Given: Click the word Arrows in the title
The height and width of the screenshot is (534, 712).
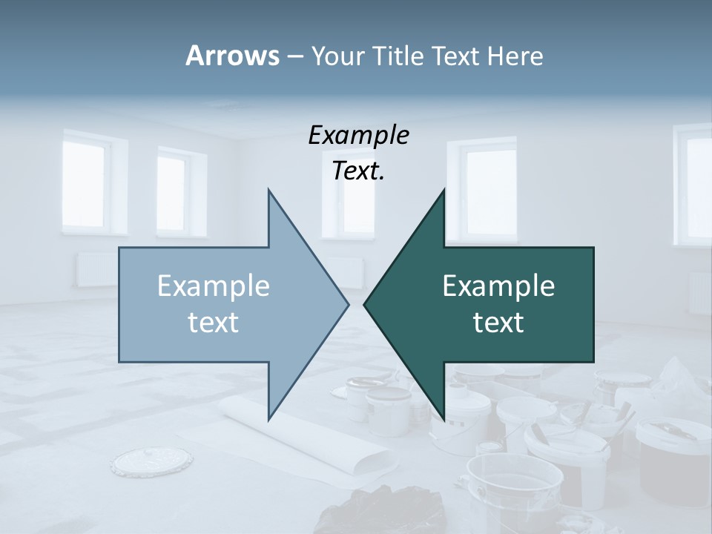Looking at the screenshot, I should (x=232, y=56).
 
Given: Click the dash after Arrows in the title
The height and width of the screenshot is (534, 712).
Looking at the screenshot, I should (x=294, y=56).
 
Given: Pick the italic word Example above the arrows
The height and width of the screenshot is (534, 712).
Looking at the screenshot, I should (x=358, y=136).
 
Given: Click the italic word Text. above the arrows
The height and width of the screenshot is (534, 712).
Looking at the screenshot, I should (x=358, y=171).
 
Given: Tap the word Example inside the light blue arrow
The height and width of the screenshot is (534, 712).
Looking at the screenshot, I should (x=214, y=286).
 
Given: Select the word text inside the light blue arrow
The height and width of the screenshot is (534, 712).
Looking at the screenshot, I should (x=214, y=323).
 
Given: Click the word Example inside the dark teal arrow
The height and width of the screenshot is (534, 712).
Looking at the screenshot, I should (x=498, y=286).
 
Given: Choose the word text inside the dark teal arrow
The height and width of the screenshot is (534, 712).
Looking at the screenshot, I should (x=498, y=323).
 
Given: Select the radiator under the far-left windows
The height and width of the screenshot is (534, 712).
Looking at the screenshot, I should (x=96, y=268).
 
